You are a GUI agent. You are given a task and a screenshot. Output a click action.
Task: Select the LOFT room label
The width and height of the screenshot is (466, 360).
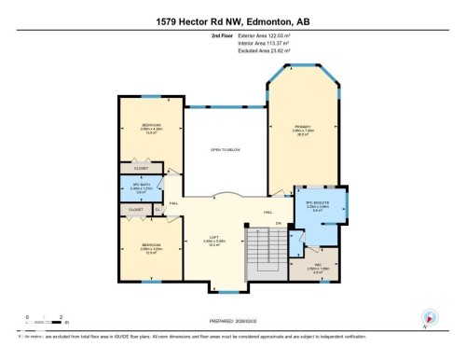[x=215, y=238]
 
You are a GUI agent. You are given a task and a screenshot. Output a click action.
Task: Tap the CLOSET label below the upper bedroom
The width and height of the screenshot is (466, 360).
[x=141, y=168]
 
